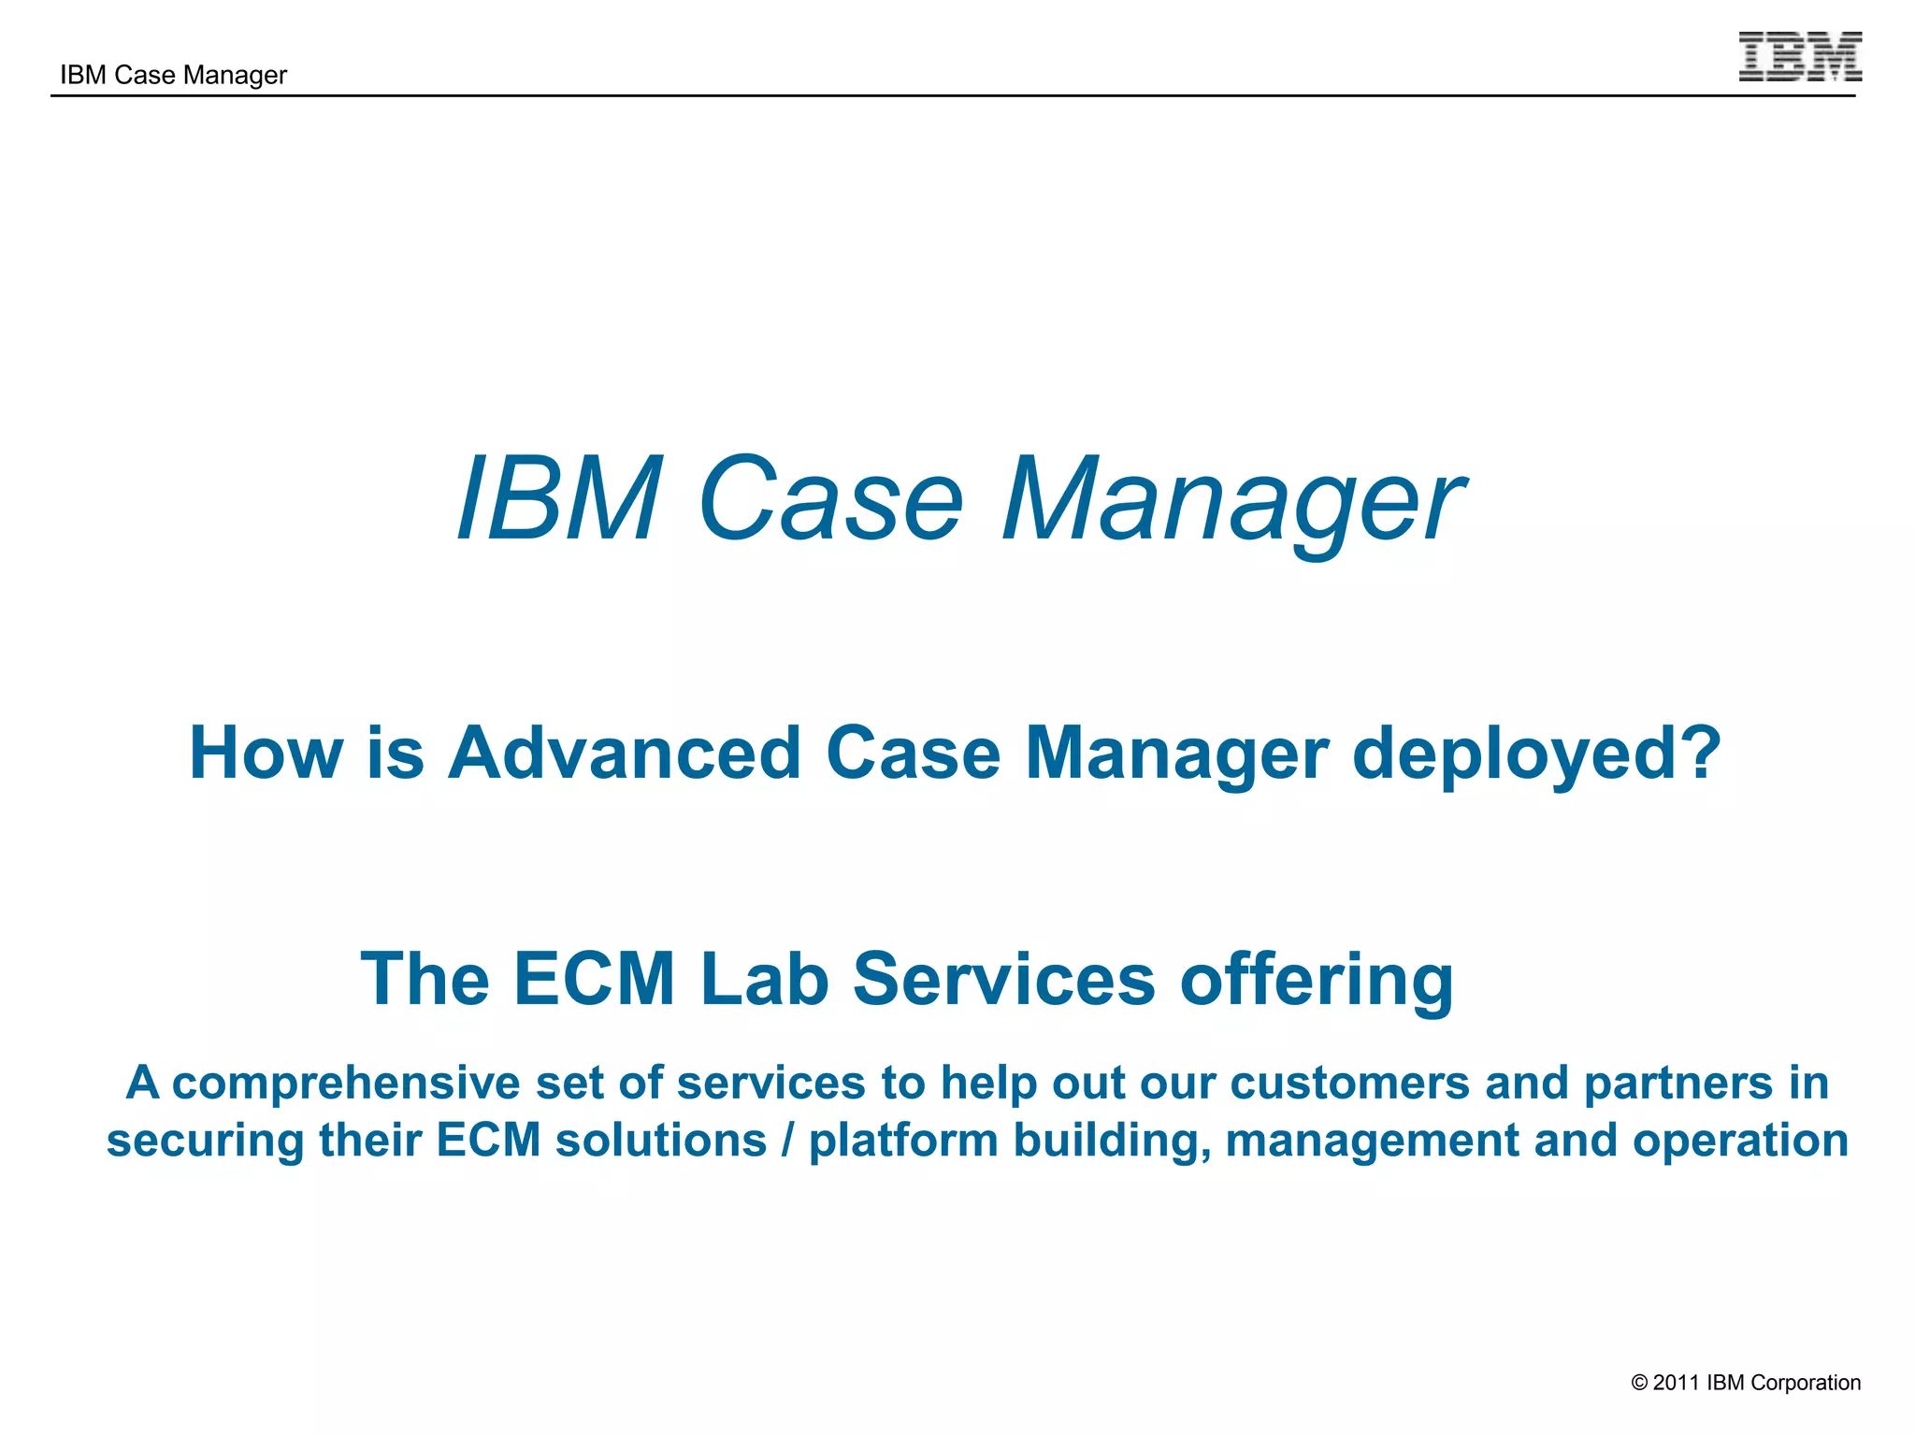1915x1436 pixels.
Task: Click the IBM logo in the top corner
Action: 1799,57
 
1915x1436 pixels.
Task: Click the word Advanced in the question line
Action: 625,754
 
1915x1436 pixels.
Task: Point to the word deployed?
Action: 1536,754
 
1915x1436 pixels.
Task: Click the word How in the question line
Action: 266,754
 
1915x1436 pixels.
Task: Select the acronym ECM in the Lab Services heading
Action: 595,979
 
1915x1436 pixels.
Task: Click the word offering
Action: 1317,979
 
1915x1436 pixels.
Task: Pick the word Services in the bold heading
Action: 1004,979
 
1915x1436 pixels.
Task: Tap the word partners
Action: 1677,1083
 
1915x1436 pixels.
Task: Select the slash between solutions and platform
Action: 788,1141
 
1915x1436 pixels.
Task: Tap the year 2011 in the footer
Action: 1676,1383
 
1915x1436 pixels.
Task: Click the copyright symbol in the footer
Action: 1639,1383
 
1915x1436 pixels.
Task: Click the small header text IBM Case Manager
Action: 173,75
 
